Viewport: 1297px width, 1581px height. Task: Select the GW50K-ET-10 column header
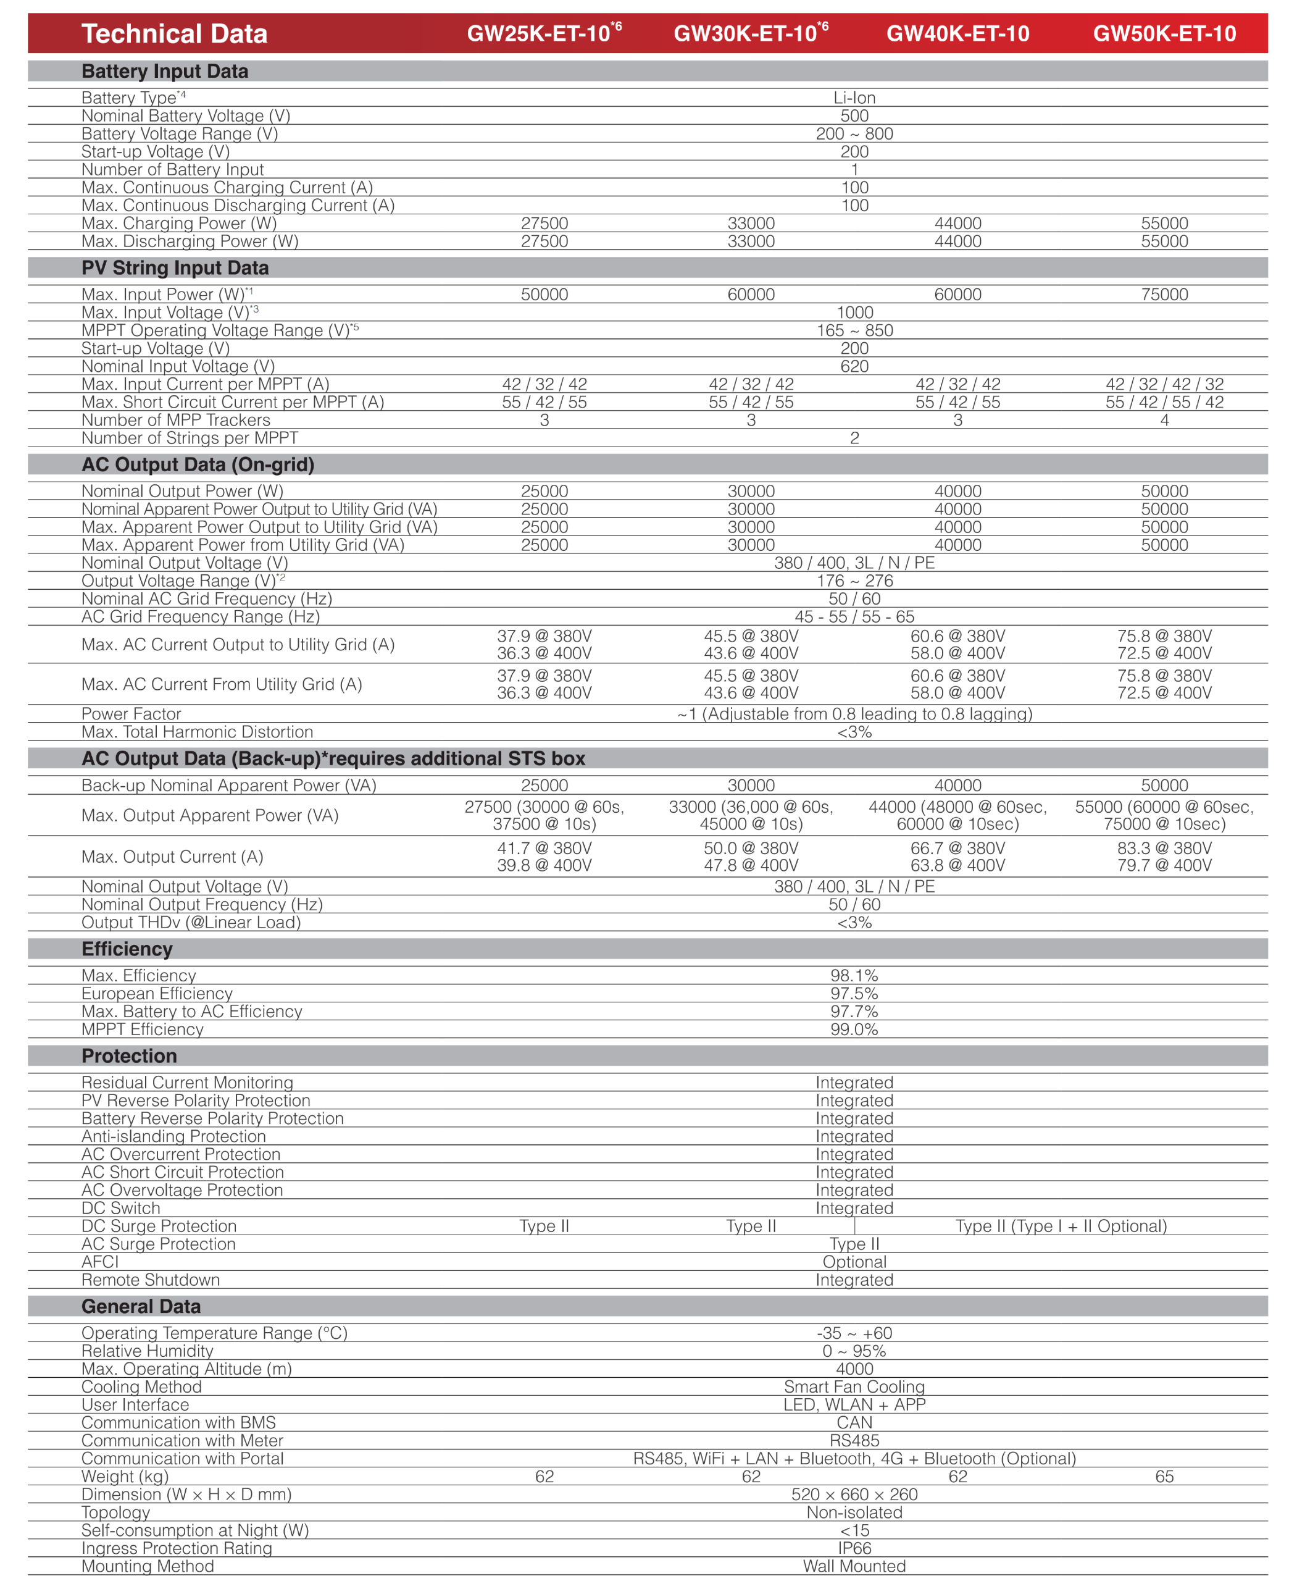[1164, 33]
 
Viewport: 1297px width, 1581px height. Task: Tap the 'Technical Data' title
[174, 33]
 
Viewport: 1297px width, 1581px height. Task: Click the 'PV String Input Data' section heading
[175, 267]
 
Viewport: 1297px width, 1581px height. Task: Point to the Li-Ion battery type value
[854, 98]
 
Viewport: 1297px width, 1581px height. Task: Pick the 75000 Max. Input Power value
[1164, 295]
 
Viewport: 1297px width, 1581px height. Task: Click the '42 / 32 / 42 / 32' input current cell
[1164, 384]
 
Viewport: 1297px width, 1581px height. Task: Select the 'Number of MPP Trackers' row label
[175, 420]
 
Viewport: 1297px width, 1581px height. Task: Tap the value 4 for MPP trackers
[1164, 420]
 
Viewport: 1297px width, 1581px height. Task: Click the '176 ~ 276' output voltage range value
[854, 581]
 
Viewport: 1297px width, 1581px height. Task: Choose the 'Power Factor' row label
[131, 714]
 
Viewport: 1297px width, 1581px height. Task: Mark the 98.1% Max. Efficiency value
[854, 976]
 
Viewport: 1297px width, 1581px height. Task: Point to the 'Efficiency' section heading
[127, 949]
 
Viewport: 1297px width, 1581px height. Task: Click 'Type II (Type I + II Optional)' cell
[1061, 1226]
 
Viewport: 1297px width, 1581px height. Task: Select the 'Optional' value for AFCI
[854, 1262]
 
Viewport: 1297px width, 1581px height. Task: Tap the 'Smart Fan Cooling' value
[854, 1386]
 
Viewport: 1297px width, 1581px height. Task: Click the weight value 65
[1164, 1477]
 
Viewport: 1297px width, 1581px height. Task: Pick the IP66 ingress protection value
[854, 1548]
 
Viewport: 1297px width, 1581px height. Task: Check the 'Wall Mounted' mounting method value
[854, 1566]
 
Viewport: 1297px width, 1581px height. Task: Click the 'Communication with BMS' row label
[178, 1422]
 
